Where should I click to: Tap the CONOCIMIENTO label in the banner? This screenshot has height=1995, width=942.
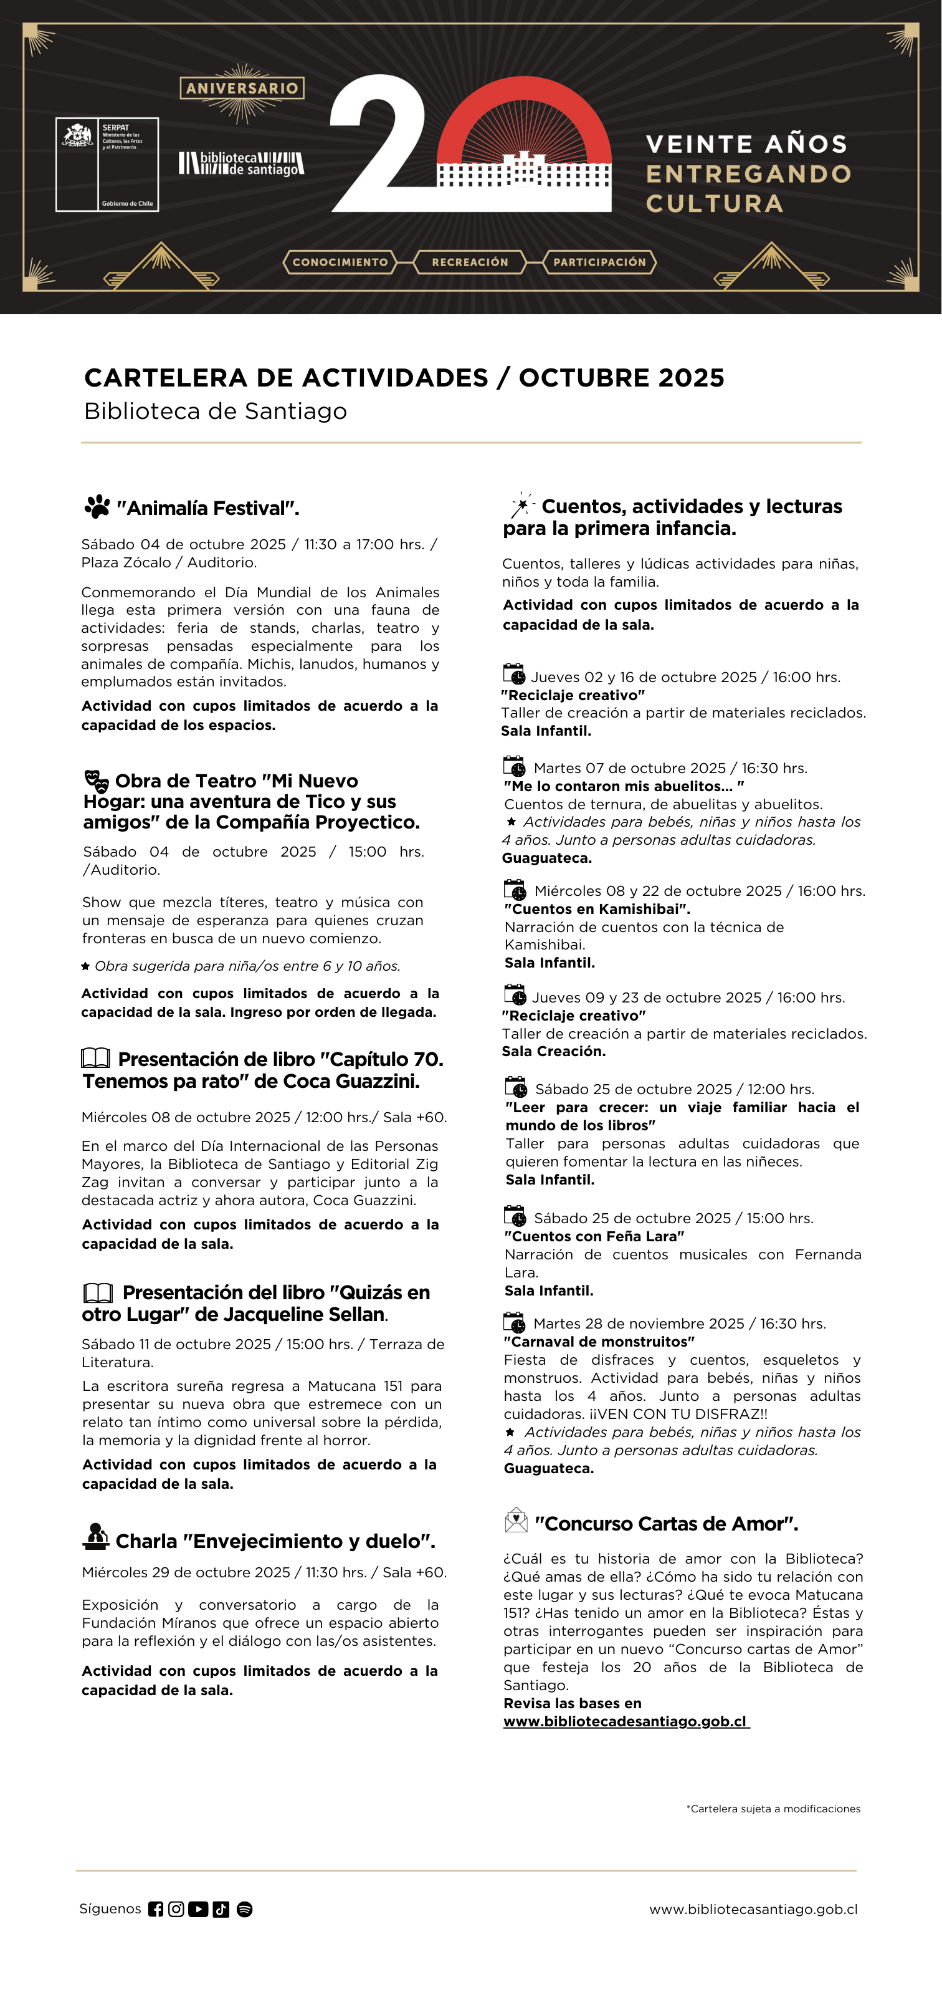pos(340,262)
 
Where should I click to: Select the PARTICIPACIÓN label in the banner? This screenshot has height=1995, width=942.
pos(599,262)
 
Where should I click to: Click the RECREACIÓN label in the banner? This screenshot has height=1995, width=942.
pos(470,262)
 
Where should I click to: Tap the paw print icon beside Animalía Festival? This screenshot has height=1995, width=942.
pos(98,507)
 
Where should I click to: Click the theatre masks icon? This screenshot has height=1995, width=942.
pos(97,781)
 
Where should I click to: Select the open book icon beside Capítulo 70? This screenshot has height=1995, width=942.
pos(96,1058)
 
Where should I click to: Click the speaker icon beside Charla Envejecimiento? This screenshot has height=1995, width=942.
pos(96,1537)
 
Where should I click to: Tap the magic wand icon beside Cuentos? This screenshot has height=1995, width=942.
pos(521,505)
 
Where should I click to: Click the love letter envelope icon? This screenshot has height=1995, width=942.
pos(515,1521)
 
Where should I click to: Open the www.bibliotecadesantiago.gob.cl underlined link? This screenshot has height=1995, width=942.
pos(626,1721)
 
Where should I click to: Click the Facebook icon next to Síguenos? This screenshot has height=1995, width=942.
pos(156,1910)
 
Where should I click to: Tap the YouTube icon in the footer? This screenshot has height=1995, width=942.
pos(198,1910)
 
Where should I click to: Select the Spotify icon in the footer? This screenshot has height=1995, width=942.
pos(245,1910)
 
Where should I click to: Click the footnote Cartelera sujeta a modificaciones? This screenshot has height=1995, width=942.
pos(773,1809)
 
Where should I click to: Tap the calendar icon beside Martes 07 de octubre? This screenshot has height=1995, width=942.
pos(515,767)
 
